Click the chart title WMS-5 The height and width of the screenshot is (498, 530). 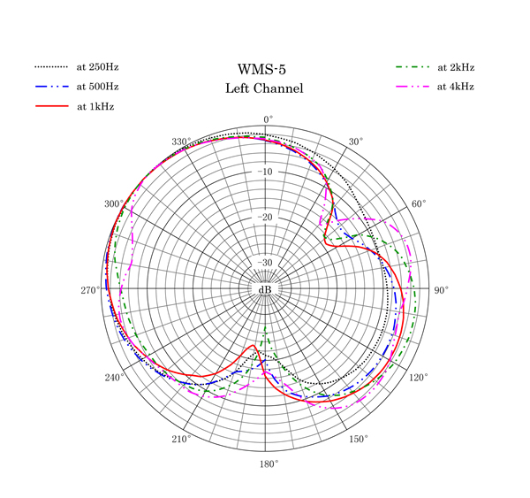(261, 69)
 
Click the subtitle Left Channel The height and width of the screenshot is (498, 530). (264, 88)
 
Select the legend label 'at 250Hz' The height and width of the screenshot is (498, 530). (97, 67)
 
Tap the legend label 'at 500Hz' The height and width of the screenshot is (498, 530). (97, 87)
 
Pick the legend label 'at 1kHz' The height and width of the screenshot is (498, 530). (95, 107)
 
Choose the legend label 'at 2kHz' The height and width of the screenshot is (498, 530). (456, 67)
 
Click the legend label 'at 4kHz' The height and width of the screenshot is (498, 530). (456, 87)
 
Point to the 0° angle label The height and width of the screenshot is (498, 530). (269, 119)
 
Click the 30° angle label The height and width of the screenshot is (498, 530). (356, 142)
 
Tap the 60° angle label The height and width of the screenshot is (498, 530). (419, 204)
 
